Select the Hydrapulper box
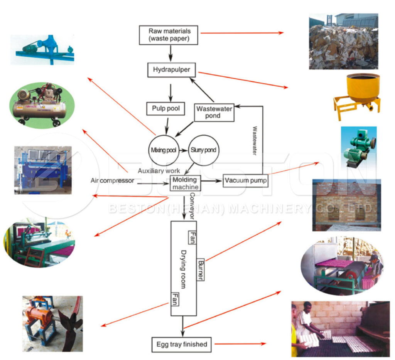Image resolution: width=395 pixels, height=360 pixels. tap(171, 70)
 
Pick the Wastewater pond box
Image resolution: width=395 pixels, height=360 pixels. tap(213, 112)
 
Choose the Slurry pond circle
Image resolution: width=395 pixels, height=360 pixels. tap(203, 150)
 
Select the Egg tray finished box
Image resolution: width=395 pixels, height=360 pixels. tap(181, 344)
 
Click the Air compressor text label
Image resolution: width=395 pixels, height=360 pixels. tap(112, 180)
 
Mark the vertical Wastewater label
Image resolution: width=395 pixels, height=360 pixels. tap(255, 141)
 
